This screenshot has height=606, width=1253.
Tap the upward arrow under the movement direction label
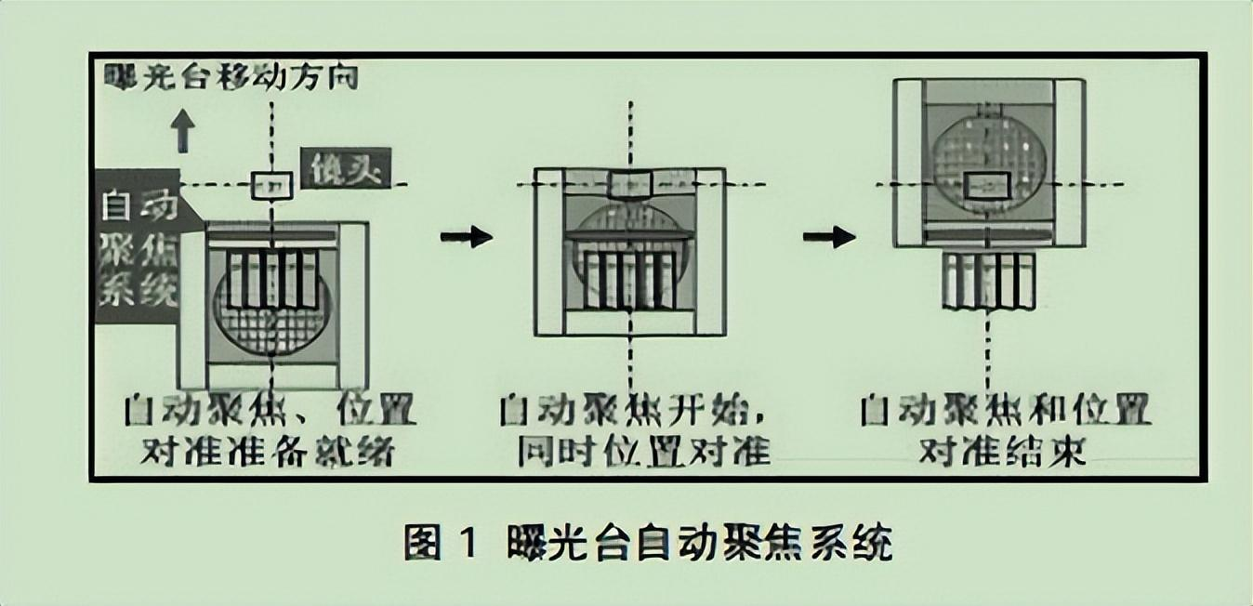[x=184, y=132]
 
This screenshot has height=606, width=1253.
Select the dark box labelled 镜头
[x=346, y=169]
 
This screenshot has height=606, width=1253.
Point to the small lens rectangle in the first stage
[x=272, y=186]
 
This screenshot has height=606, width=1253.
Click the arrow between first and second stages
[x=467, y=237]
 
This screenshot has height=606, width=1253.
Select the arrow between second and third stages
[x=829, y=237]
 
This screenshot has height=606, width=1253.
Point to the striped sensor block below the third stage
[x=988, y=281]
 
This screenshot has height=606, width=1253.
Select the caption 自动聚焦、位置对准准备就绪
[x=270, y=430]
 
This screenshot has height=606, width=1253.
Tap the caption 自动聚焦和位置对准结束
[x=1004, y=430]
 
